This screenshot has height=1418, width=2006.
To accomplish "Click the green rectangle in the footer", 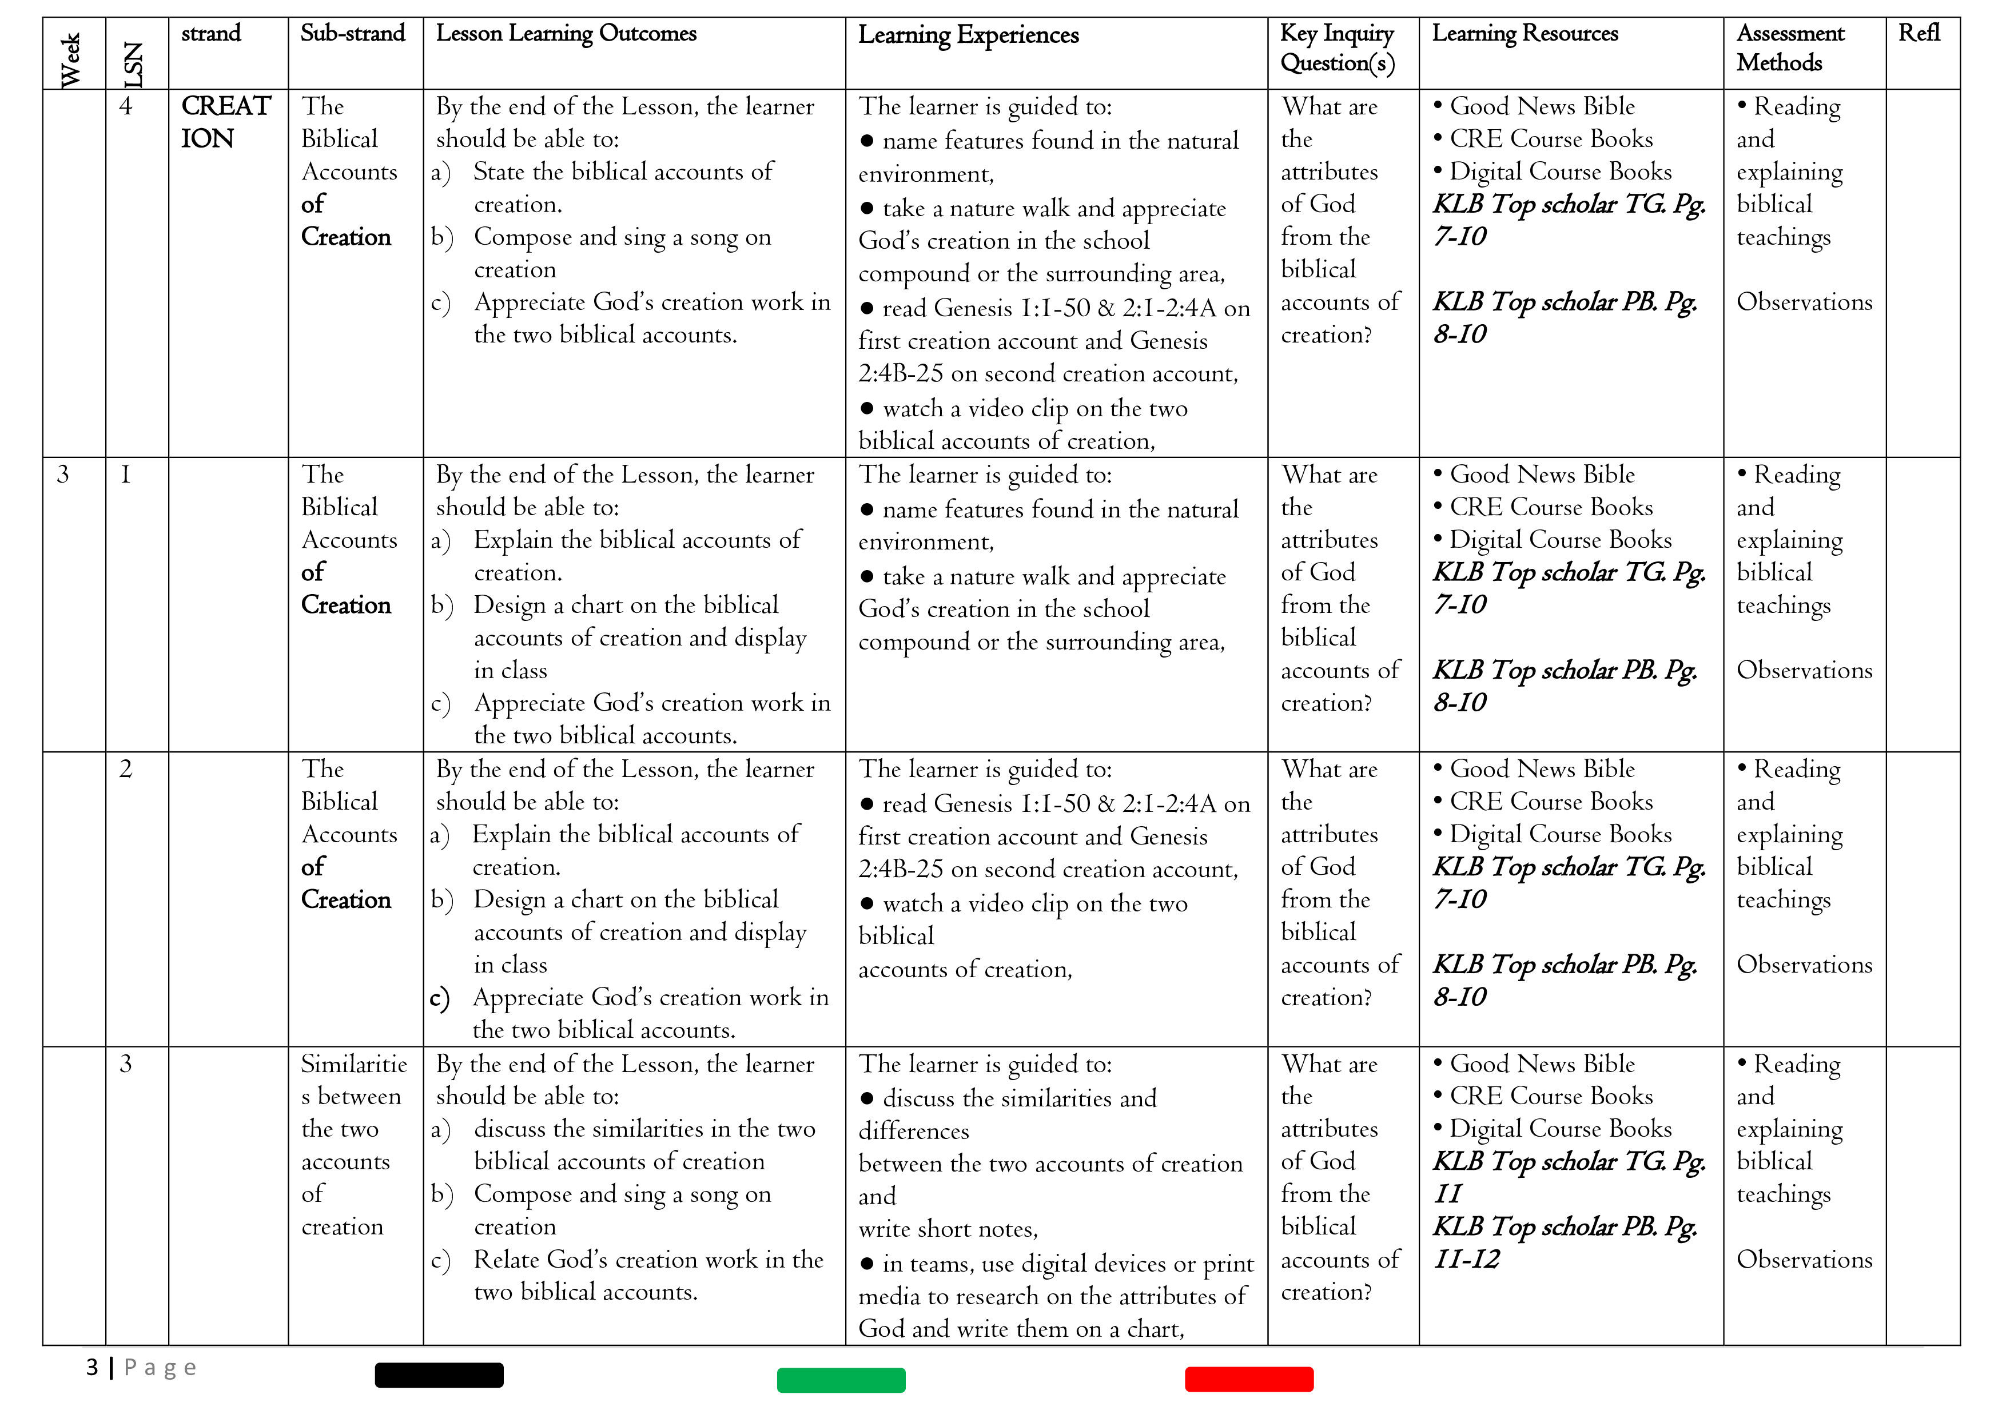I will pyautogui.click(x=841, y=1380).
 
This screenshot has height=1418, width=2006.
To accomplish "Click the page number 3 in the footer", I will pyautogui.click(x=91, y=1367).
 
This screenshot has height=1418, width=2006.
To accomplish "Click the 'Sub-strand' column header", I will pyautogui.click(x=352, y=33).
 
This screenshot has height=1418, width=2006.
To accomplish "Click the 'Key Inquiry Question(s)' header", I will pyautogui.click(x=1337, y=48).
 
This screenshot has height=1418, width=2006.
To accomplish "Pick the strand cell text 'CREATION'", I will pyautogui.click(x=225, y=121).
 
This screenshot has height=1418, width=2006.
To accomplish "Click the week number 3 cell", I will pyautogui.click(x=63, y=475).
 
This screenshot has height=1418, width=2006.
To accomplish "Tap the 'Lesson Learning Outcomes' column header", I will pyautogui.click(x=566, y=33).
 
